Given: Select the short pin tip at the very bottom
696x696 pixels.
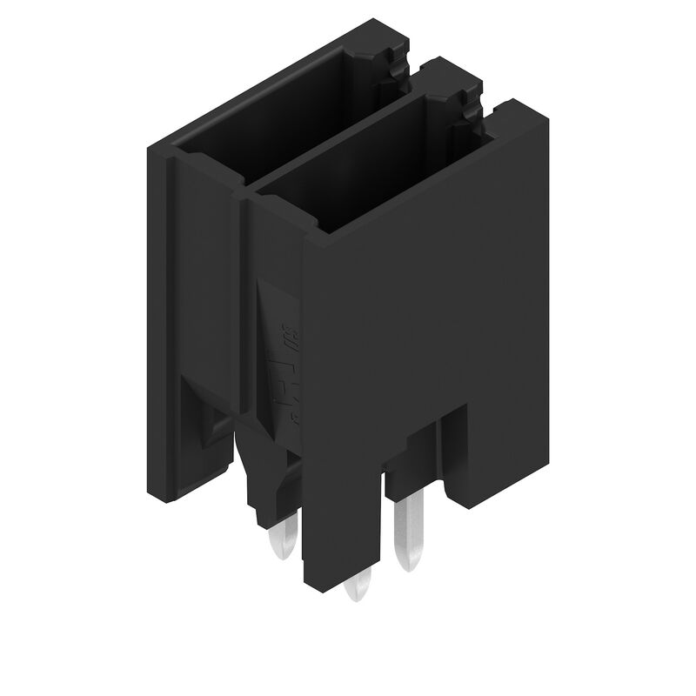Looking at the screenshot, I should point(357,588).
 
